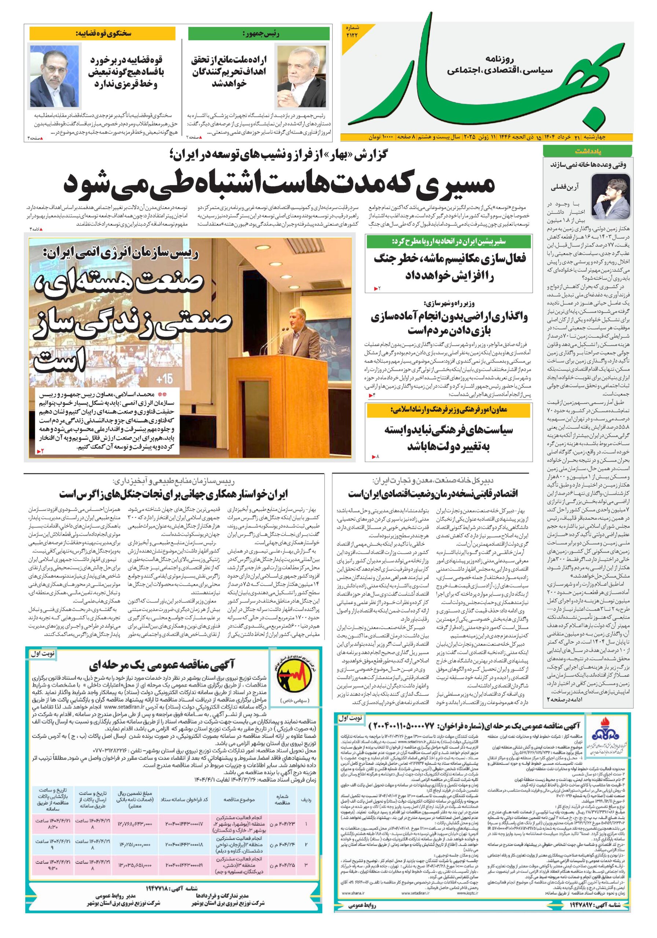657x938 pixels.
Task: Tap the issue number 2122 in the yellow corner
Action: tap(351, 36)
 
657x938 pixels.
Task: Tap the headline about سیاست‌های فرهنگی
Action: tap(449, 437)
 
